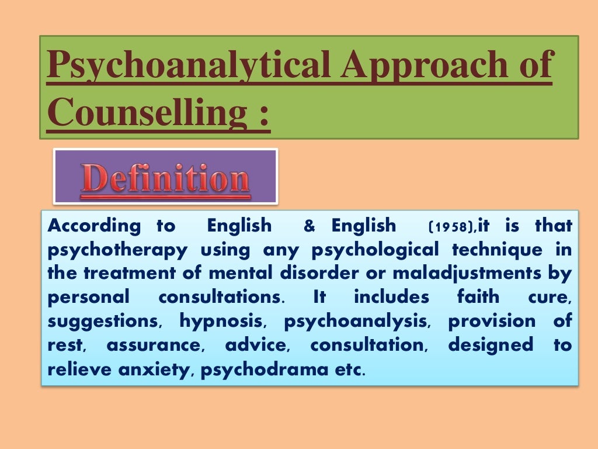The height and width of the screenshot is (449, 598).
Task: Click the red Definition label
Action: (165, 177)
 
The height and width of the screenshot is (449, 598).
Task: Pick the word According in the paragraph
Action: (93, 226)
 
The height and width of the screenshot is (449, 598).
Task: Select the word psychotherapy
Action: (117, 250)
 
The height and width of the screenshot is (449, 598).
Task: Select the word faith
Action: (479, 297)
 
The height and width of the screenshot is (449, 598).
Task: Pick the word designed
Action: (491, 345)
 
